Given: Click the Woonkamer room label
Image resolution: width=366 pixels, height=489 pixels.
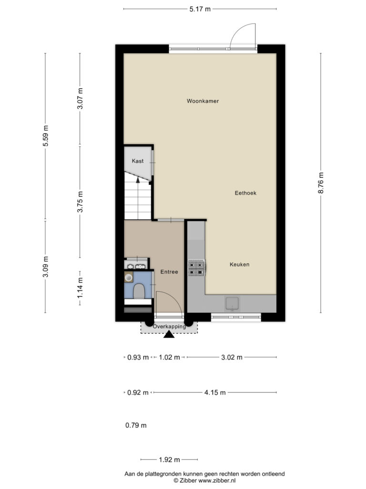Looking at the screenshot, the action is (x=203, y=101).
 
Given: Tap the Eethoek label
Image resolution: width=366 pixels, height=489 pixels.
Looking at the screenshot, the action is (x=245, y=193).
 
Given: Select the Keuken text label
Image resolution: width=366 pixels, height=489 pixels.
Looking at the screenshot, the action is (x=239, y=265).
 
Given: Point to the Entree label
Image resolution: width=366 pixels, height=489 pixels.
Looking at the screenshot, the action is (x=169, y=272).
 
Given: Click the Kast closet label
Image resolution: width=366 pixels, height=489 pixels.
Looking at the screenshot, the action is (x=138, y=161).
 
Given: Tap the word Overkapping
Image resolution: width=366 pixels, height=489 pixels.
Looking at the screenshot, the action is (x=169, y=327).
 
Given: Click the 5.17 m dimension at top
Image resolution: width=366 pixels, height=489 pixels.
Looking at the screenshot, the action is (x=200, y=9).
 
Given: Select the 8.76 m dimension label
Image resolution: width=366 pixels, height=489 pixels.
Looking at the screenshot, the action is (x=321, y=183).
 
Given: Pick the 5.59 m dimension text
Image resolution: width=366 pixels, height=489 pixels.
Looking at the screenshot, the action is (x=46, y=136).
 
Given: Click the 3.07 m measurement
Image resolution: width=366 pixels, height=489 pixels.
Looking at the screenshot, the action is (x=80, y=99).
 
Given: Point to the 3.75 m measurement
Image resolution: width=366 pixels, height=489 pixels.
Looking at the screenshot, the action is (x=80, y=202).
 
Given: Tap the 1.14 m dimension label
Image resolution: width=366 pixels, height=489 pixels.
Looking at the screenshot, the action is (x=80, y=287).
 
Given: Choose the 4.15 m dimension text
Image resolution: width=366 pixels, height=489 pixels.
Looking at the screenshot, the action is (x=215, y=393).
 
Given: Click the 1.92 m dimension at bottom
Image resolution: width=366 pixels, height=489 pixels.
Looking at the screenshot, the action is (x=169, y=460).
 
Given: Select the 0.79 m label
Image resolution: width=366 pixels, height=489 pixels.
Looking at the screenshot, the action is (x=136, y=425).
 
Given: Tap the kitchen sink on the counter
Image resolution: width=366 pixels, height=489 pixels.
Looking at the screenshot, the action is (x=232, y=304).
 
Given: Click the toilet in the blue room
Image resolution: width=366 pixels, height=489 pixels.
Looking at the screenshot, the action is (x=139, y=291).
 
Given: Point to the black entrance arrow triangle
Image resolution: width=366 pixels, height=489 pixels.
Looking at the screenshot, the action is (x=169, y=335).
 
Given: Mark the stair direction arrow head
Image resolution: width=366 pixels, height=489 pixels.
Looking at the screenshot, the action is (x=138, y=180).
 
